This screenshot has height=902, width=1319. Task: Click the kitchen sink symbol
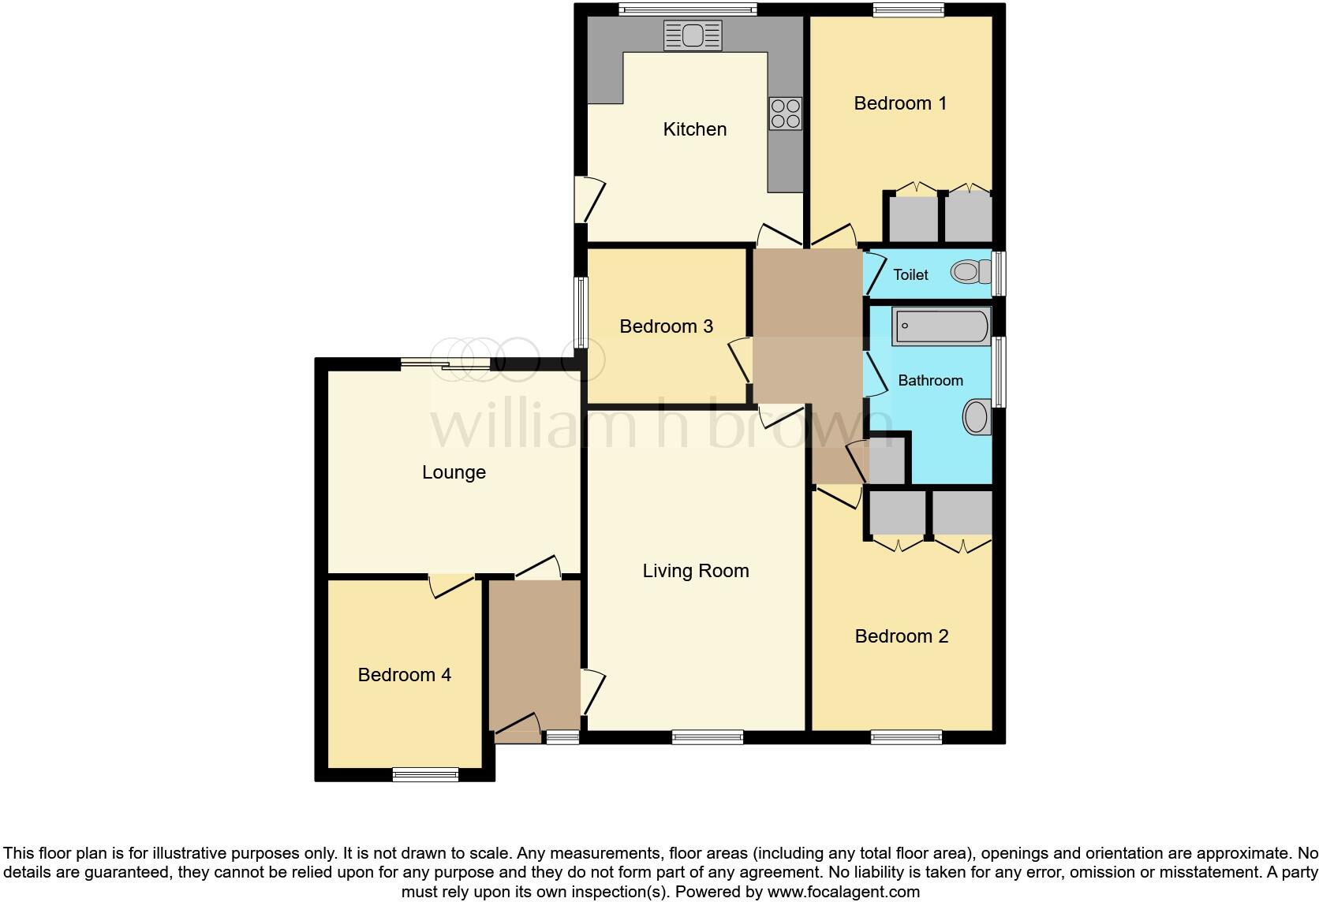pos(693,35)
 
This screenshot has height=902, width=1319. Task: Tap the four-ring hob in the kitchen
pos(785,114)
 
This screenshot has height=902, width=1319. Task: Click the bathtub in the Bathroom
pos(940,326)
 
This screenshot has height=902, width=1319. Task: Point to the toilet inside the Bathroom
pos(977,417)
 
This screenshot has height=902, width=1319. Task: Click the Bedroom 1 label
pos(900,103)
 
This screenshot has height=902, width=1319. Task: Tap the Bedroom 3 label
pos(666,326)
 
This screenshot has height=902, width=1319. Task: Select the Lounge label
pos(454,472)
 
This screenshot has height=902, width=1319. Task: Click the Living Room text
pos(695,571)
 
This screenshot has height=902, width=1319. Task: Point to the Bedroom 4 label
pos(404,675)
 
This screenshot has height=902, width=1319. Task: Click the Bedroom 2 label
pos(901,636)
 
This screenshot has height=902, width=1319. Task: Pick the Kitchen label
pos(694,129)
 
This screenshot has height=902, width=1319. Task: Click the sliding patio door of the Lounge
pos(445,363)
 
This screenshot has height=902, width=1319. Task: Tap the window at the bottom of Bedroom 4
pos(425,774)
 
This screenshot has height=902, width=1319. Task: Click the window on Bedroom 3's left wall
pos(581,312)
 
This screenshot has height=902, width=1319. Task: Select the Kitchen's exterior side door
pos(584,199)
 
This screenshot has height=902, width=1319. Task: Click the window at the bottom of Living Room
pos(707,737)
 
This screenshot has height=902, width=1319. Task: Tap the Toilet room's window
pos(998,274)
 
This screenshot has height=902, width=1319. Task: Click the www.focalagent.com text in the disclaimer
pos(843,893)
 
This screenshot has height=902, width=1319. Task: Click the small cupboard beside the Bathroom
pos(887,461)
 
